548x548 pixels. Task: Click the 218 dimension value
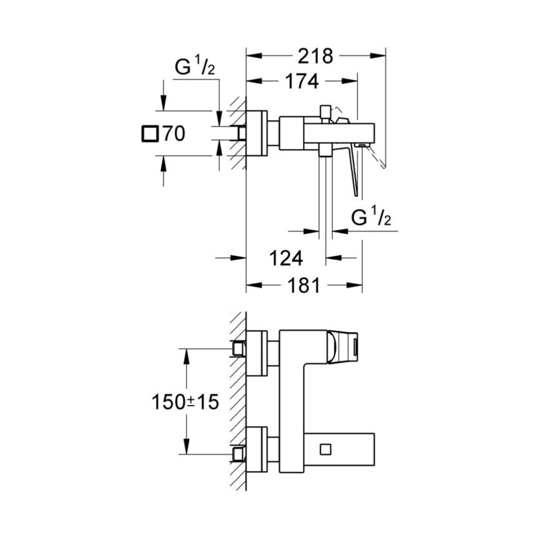[x=315, y=57]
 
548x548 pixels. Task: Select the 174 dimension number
[x=300, y=82]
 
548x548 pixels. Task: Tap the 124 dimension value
[x=284, y=259]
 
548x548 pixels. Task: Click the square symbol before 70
[x=149, y=134]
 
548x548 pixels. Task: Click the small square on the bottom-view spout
[x=324, y=448]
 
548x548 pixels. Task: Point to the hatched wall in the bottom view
[x=238, y=400]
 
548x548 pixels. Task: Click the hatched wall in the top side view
[x=239, y=132]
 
